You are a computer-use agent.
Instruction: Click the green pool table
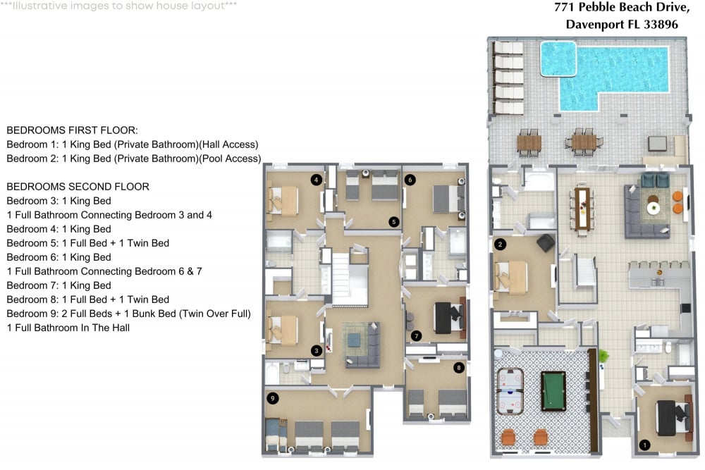[553, 391]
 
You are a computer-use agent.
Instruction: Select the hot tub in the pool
[558, 58]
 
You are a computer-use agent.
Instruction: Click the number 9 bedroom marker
[272, 399]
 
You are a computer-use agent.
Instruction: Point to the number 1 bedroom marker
[643, 445]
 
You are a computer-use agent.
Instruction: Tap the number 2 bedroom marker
[501, 245]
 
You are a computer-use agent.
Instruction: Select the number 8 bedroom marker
[460, 367]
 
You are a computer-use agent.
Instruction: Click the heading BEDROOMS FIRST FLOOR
[72, 131]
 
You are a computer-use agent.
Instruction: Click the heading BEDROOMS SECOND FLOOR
[78, 187]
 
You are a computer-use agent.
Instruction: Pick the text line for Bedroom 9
[128, 314]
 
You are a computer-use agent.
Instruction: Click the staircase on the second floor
[350, 279]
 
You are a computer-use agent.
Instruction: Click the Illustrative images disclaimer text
[118, 6]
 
